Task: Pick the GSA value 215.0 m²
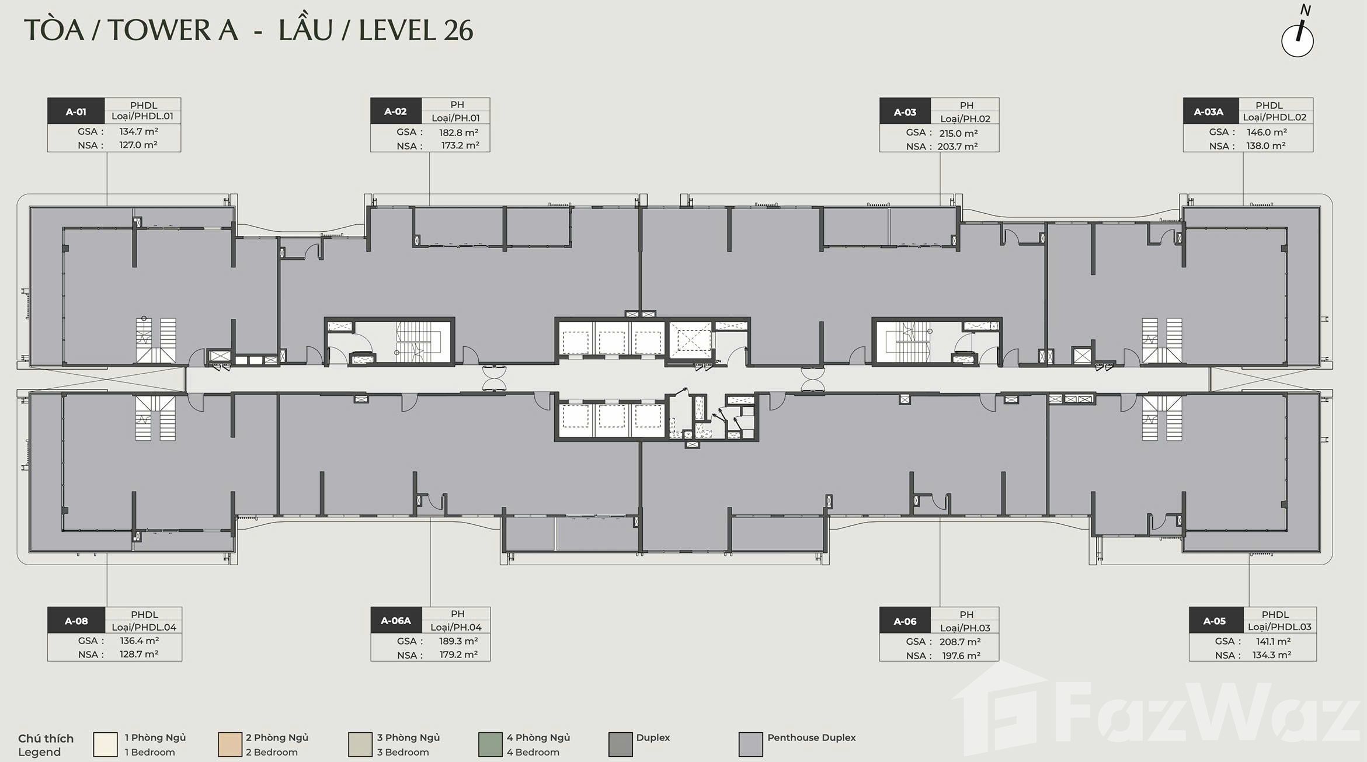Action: [x=958, y=133]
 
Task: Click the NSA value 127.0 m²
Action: [x=138, y=145]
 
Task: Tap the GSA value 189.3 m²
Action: [x=458, y=641]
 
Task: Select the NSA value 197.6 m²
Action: [x=961, y=656]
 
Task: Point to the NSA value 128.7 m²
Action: [x=139, y=654]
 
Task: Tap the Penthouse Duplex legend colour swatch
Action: [x=750, y=744]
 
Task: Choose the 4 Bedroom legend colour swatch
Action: [x=490, y=744]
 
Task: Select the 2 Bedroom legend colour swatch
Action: [x=229, y=744]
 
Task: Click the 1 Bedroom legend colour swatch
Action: [x=105, y=744]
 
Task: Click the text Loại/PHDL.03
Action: [x=1279, y=627]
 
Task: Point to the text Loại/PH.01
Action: [x=455, y=118]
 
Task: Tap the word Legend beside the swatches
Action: [x=39, y=752]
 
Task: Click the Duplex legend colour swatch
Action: [x=620, y=744]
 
